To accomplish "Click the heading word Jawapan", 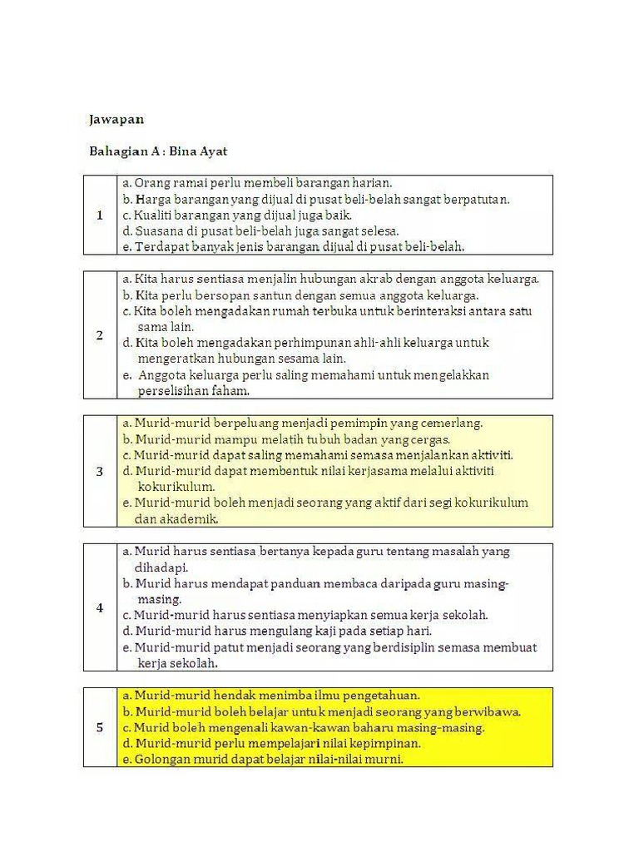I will click(116, 119).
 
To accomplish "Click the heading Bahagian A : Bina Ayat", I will click(158, 151).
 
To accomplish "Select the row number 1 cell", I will click(100, 215).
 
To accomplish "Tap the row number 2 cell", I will click(100, 335).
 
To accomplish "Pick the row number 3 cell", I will click(100, 471).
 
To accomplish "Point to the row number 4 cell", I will click(100, 607).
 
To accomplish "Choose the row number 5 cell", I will click(100, 727).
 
